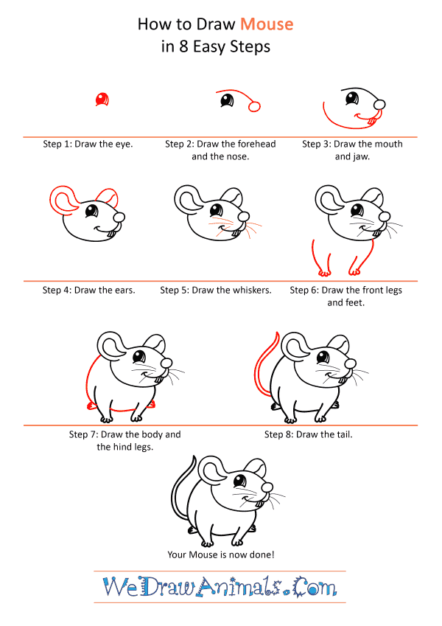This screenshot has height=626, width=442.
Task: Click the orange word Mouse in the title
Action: tap(267, 24)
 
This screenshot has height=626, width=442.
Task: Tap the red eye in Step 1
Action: tap(102, 99)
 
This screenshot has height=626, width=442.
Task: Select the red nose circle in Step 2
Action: tap(254, 106)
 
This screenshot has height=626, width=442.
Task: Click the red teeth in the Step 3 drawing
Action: tap(372, 120)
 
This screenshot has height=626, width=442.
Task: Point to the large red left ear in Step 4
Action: tap(63, 201)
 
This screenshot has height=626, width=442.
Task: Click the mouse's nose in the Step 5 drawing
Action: tap(243, 217)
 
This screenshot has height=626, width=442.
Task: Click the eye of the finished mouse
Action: tap(239, 480)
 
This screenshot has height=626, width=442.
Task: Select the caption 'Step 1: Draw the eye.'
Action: tap(88, 144)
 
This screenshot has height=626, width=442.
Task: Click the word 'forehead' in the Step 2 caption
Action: tap(256, 144)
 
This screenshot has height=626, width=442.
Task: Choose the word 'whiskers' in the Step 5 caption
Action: tap(250, 291)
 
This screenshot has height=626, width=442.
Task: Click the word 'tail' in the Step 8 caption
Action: tap(345, 434)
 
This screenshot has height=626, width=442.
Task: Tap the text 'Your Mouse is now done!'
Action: tap(221, 554)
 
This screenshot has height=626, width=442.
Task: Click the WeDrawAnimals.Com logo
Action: tap(220, 586)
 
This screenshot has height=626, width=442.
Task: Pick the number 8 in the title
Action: tap(183, 46)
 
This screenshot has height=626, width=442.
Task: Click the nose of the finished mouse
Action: tap(267, 487)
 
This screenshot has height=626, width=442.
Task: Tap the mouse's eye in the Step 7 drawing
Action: tap(139, 355)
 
